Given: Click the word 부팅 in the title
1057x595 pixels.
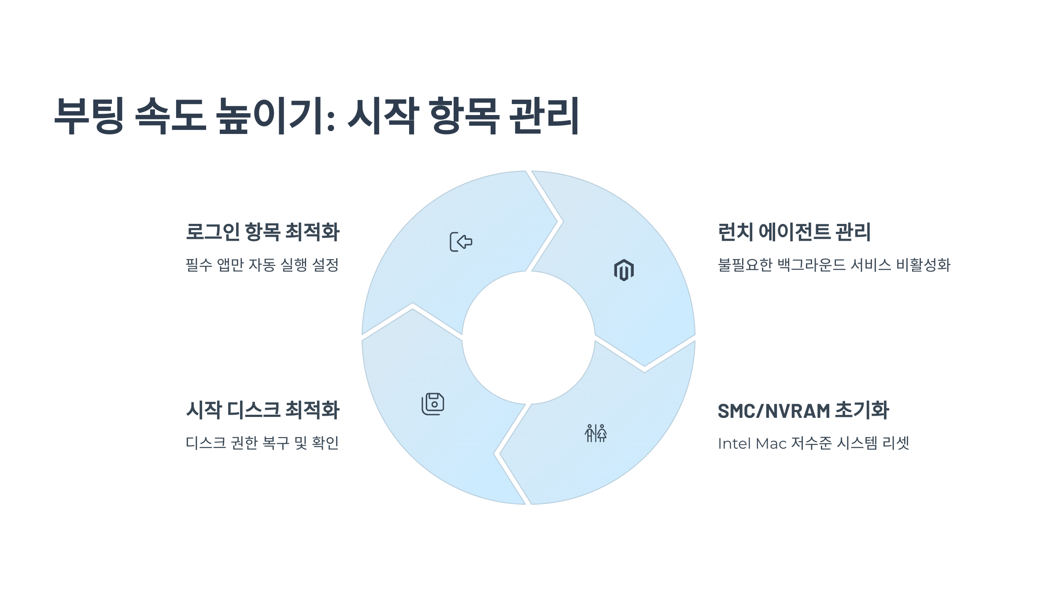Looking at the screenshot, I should pos(89,115).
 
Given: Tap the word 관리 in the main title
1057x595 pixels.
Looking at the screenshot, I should pos(543,115).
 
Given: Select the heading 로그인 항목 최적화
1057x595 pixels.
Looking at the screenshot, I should pos(262,232).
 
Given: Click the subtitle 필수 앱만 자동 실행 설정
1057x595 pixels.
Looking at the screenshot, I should pos(262,265).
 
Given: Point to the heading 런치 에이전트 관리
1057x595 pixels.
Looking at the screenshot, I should pos(794,232).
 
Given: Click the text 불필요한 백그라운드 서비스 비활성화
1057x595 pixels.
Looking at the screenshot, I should pos(834,265).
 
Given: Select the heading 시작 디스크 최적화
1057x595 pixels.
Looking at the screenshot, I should pos(262,410).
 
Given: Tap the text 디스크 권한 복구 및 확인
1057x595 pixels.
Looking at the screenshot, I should pos(262,443).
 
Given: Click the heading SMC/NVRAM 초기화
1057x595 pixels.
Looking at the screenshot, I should pos(803,410).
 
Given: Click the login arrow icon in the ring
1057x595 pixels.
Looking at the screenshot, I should pos(461,242).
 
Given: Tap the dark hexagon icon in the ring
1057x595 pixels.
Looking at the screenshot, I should pos(624,270).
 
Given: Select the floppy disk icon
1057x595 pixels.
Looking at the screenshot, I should pos(433,404).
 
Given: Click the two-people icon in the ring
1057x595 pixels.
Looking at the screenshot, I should pos(595,433).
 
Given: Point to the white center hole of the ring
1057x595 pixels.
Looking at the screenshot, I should pos(528,338).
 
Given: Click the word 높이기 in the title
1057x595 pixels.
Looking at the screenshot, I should pos(275,115).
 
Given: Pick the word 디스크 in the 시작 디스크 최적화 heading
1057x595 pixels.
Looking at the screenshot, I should pos(254,410).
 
